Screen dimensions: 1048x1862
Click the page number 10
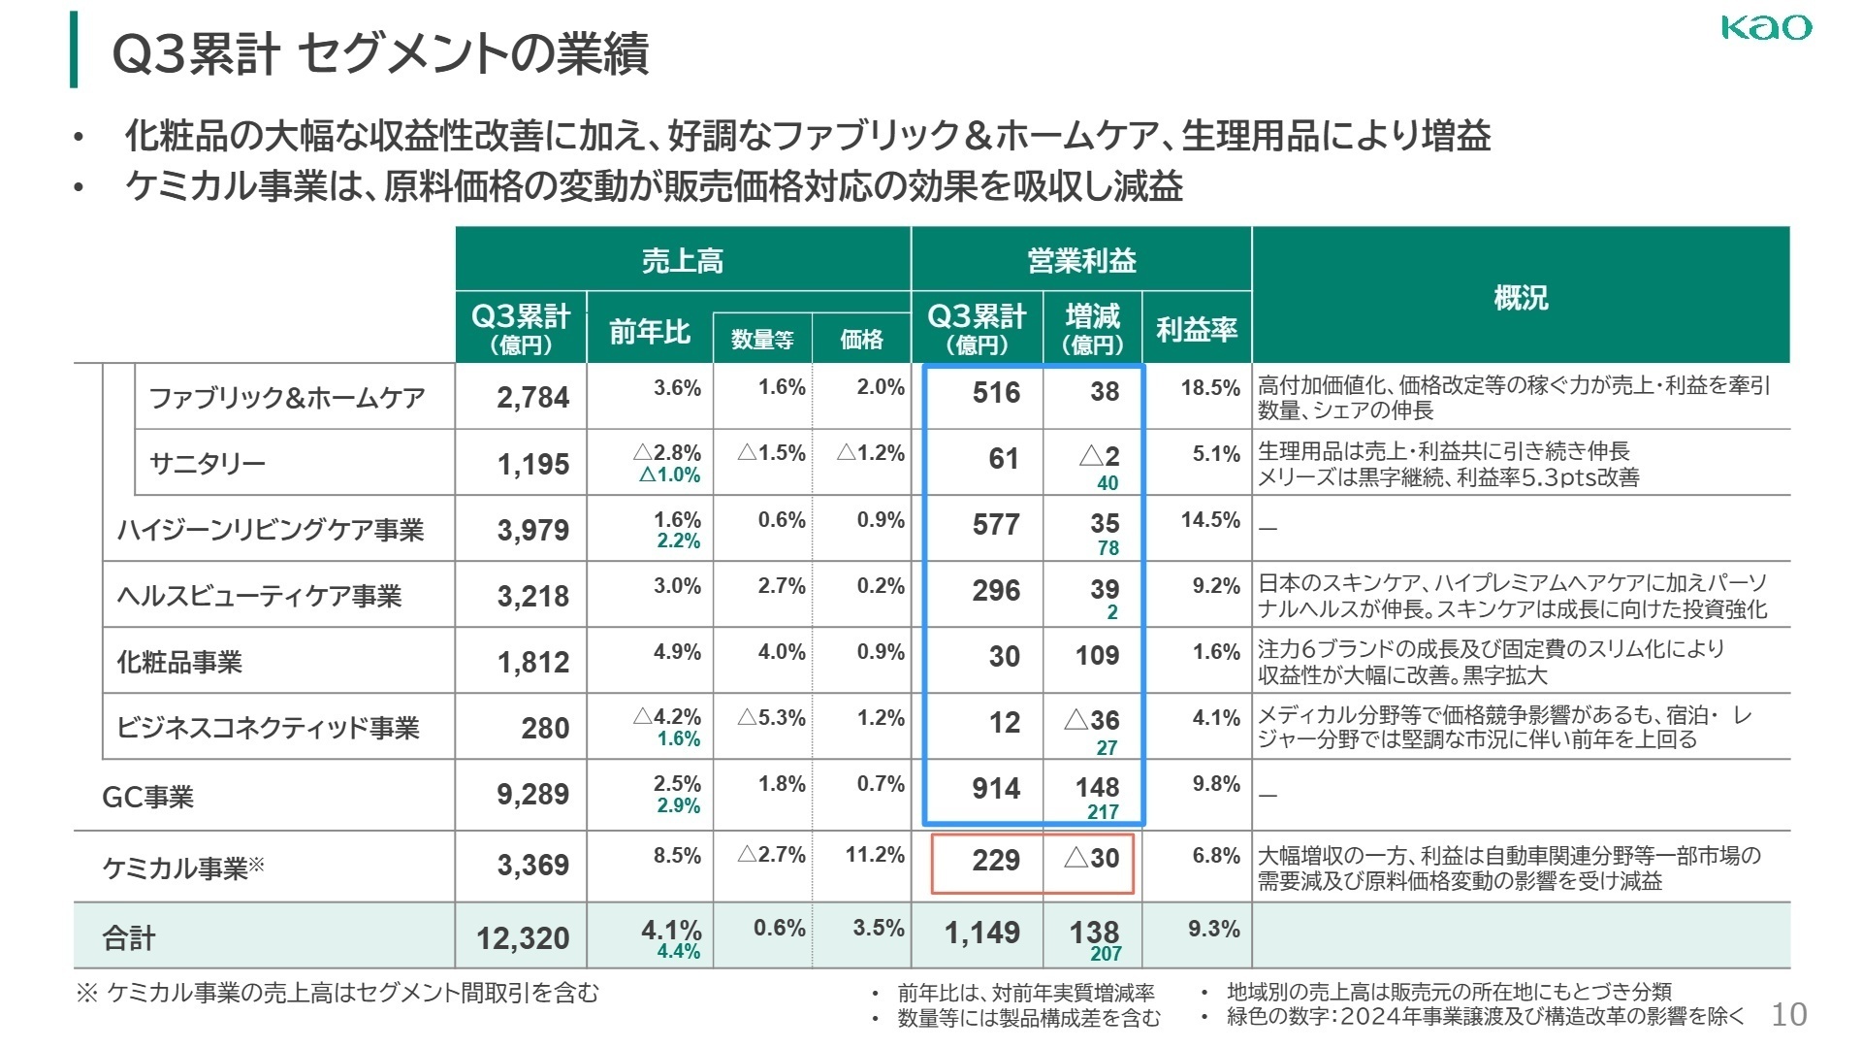1788,1014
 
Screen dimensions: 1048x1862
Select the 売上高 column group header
682,260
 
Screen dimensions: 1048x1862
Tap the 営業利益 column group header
1080,260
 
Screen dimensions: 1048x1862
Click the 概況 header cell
1520,296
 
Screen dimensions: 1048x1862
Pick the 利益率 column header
1196,330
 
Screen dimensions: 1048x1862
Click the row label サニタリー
207,463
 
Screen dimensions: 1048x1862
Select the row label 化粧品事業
179,662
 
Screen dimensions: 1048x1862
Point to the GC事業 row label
147,797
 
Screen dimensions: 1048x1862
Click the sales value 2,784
532,397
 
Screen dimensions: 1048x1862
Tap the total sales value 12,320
523,938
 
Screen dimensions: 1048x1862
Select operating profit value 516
996,392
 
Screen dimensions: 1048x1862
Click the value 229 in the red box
996,860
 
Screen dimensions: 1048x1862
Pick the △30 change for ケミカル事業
1092,858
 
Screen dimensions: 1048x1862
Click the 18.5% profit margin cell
1209,387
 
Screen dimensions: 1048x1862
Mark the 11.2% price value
874,854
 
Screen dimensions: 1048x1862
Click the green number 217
1103,811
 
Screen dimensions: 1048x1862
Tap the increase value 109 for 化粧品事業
1097,655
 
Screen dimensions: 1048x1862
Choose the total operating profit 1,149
981,933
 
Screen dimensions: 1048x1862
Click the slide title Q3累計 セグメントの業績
380,53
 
